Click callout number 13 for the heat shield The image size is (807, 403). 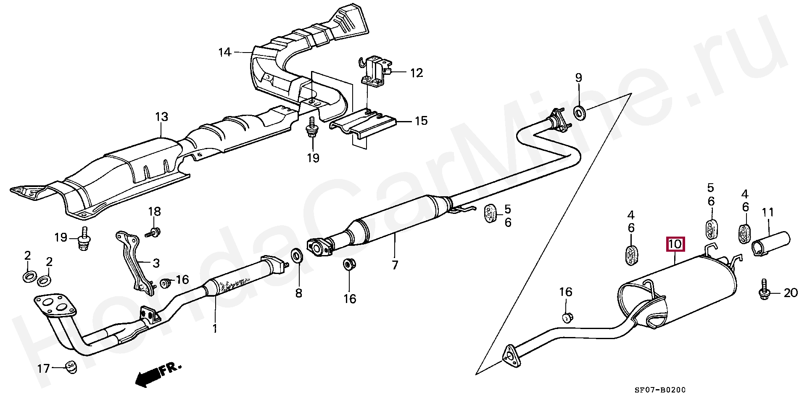click(x=161, y=117)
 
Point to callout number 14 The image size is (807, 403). click(x=225, y=53)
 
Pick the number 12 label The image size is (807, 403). click(x=416, y=73)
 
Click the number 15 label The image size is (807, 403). click(x=421, y=121)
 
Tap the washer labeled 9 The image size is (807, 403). click(x=580, y=113)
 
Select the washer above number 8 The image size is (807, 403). click(x=297, y=255)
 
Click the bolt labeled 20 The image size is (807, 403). click(x=764, y=292)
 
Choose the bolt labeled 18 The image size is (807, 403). click(x=154, y=232)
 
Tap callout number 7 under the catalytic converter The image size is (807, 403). click(x=395, y=266)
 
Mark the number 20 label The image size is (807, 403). click(x=791, y=292)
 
